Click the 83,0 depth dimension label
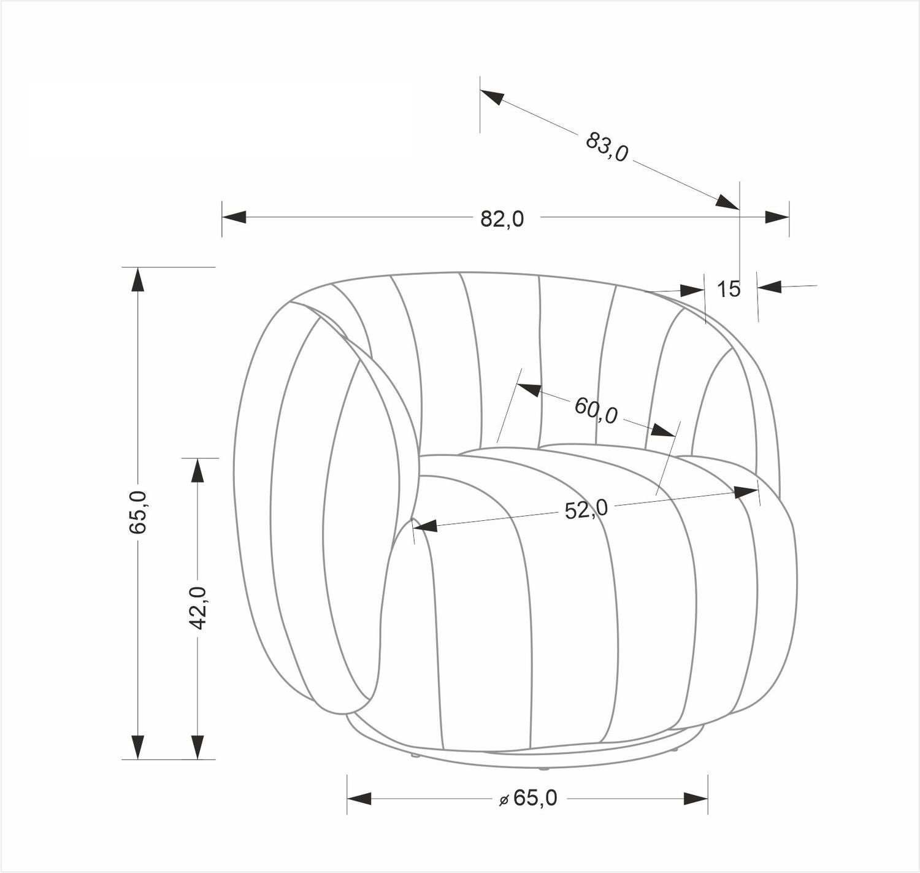click(x=607, y=147)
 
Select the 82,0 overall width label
click(x=502, y=218)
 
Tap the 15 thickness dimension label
click(x=729, y=290)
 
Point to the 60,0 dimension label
click(x=596, y=410)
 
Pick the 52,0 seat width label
click(x=586, y=509)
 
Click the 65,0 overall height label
click(x=138, y=512)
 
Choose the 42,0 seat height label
click(x=198, y=608)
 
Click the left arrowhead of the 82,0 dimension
click(x=234, y=217)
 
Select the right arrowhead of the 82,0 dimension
click(x=777, y=217)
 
